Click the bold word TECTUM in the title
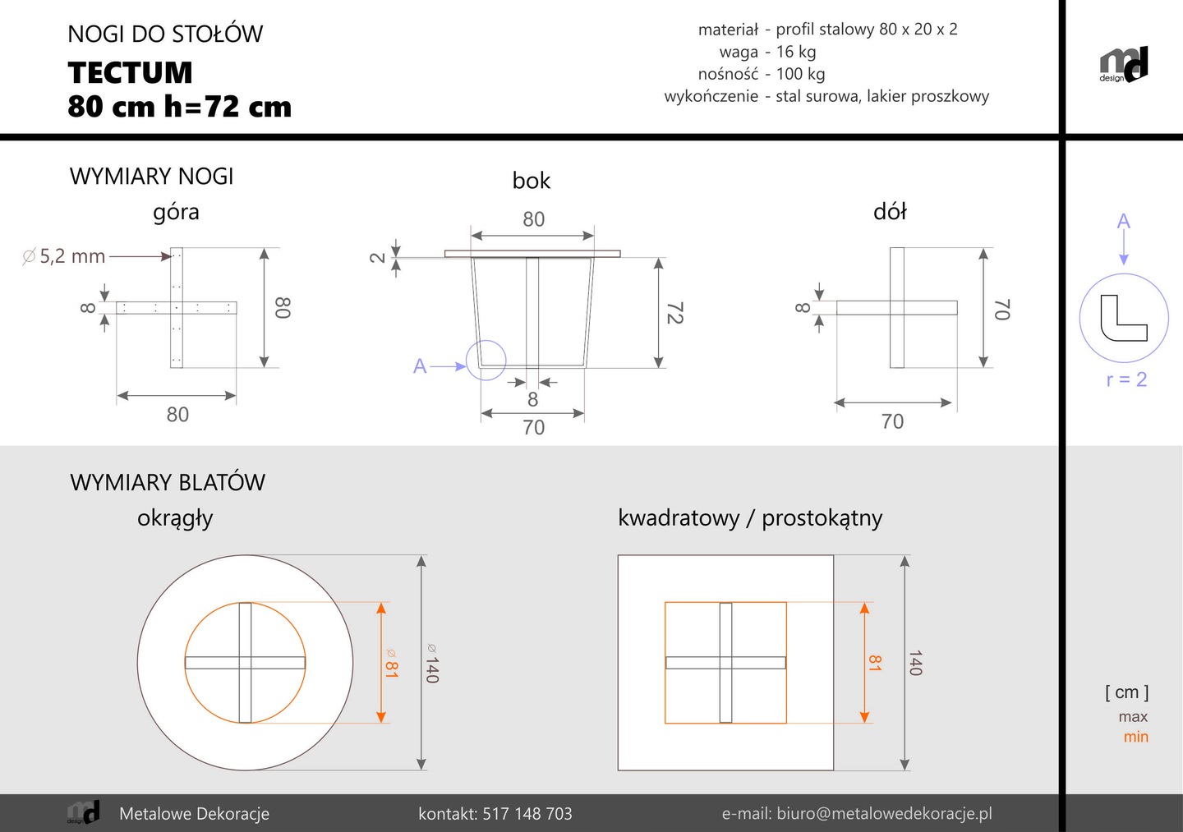click(130, 72)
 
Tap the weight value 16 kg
click(796, 52)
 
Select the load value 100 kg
click(801, 74)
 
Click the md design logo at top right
click(1124, 64)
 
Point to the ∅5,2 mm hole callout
click(63, 256)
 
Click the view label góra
click(176, 212)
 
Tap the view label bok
click(532, 181)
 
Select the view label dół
click(890, 212)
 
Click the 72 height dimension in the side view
click(675, 313)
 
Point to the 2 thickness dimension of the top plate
click(377, 258)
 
